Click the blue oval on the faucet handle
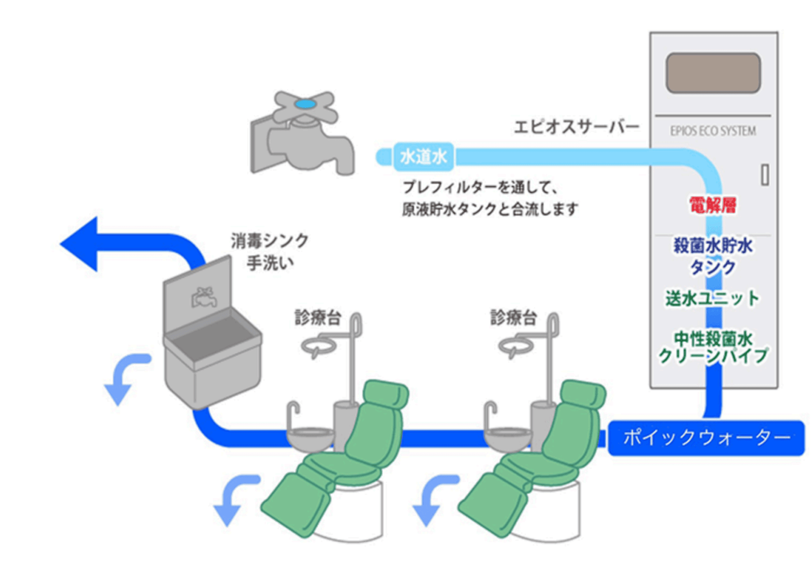point(305,104)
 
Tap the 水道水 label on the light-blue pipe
point(423,157)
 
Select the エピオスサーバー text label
point(576,127)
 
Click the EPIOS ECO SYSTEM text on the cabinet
point(713,131)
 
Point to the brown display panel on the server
point(713,73)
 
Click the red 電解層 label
point(713,205)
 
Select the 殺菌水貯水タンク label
point(713,256)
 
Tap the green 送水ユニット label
point(712,298)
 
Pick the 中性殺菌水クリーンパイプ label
point(713,348)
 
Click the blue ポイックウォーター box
point(706,438)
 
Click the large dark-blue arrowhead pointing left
point(81,244)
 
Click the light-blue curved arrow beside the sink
point(124,377)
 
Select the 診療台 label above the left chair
point(318,318)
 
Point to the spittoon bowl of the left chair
point(310,436)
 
